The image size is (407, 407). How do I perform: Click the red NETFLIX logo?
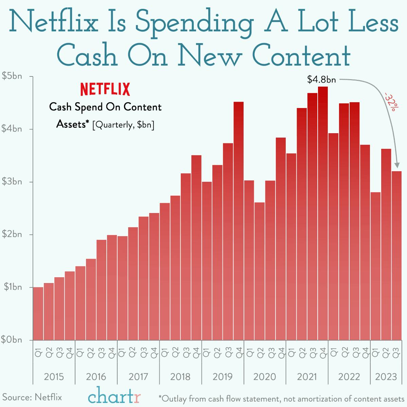(105, 89)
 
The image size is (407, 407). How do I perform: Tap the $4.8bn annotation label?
(321, 79)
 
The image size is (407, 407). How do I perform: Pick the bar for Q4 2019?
(238, 221)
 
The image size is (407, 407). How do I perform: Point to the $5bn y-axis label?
(12, 76)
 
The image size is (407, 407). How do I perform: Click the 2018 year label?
(180, 377)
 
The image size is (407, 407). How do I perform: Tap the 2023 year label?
(386, 377)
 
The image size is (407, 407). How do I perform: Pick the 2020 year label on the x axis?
(265, 377)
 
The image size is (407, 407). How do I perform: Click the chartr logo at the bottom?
(114, 396)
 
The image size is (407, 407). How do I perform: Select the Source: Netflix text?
(32, 397)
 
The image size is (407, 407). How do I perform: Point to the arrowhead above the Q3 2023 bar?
(396, 165)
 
